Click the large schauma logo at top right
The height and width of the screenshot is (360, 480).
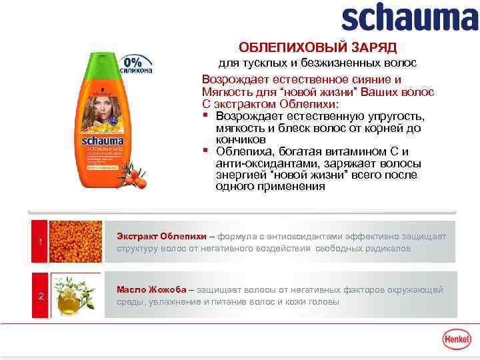409,19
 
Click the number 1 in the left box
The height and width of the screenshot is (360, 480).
41,241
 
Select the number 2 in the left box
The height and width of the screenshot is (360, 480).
41,296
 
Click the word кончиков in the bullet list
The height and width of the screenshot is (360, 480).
241,140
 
